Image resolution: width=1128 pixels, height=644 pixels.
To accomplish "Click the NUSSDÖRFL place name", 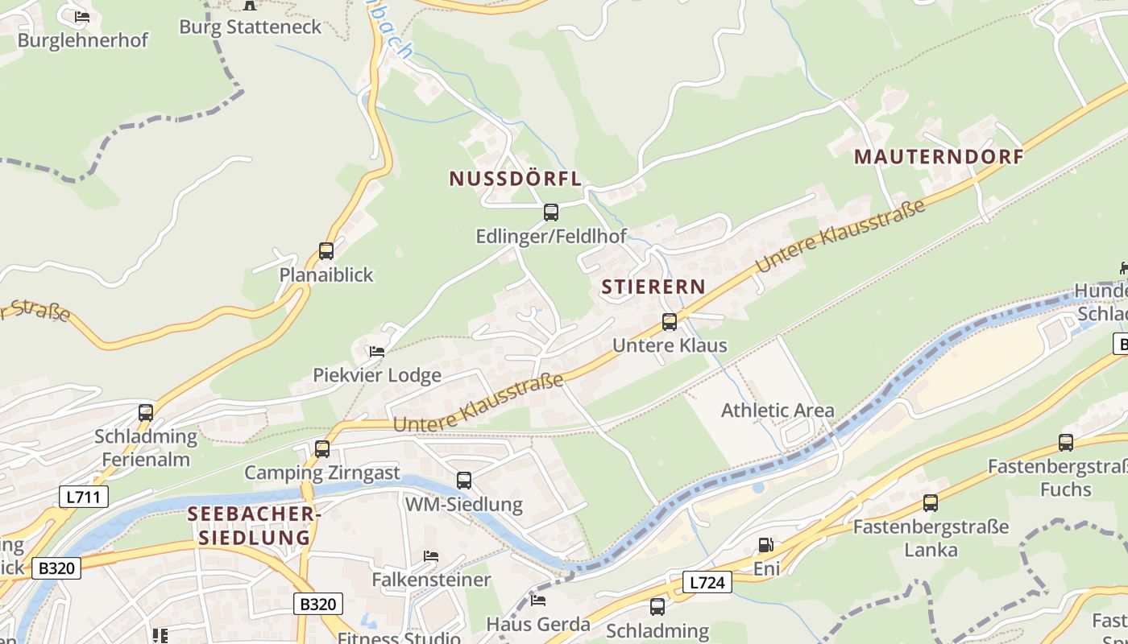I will coord(515,179).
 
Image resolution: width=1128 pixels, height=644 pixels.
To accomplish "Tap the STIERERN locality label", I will coord(653,287).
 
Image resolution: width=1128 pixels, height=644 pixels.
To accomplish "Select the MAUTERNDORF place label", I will coord(939,157).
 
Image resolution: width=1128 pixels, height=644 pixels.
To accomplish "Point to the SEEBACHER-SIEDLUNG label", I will coord(249,526).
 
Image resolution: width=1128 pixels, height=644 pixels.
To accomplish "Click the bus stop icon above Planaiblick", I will coord(326,251).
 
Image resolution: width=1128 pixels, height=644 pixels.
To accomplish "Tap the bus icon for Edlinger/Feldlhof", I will coord(551,213).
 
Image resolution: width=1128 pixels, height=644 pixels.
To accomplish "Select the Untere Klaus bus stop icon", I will coord(670,322).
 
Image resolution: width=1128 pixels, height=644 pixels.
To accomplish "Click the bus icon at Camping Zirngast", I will coord(322,449).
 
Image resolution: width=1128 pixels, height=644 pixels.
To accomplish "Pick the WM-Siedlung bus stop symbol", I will coord(464,481).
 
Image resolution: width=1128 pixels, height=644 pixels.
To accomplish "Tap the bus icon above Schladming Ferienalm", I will coord(146,413).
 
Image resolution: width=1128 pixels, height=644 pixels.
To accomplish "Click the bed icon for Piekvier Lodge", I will coord(376,351).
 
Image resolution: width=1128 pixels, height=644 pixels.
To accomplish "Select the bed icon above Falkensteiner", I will coord(431,556).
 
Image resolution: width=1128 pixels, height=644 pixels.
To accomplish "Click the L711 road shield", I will coord(84,497).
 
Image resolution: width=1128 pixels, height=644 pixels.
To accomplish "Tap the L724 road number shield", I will coord(707,582).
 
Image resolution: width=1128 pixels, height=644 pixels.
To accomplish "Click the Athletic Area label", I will coord(778,411).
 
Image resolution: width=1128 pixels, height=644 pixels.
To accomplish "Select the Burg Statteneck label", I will coord(250,27).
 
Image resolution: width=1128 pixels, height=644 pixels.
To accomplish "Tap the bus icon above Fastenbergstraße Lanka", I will coord(931,503).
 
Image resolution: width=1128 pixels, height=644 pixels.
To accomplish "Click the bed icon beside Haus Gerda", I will coord(538,600).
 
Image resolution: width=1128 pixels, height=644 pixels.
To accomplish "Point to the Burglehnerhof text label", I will coord(83,40).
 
